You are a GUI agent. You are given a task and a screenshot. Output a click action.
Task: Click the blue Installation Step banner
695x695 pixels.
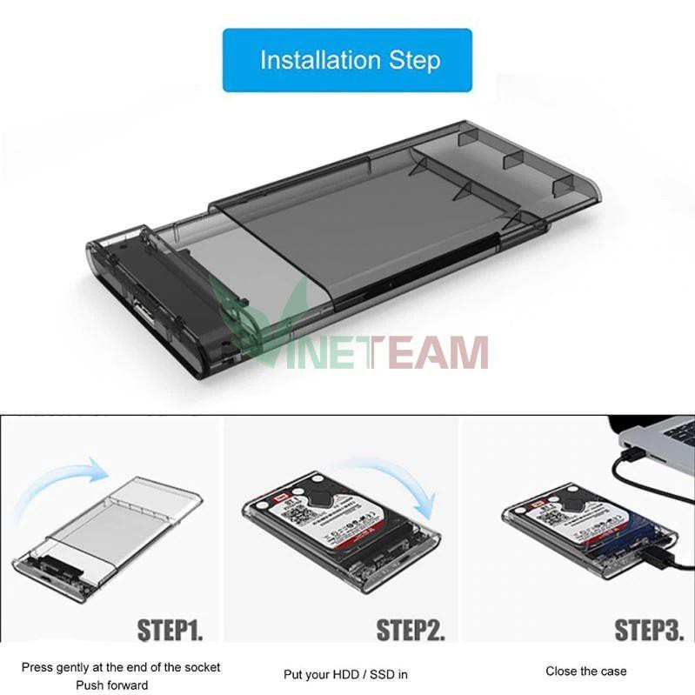coord(347,60)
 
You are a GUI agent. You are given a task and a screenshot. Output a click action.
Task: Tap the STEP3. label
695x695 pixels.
coord(649,629)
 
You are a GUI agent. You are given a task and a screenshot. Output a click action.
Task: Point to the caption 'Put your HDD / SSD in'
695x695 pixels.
coord(345,674)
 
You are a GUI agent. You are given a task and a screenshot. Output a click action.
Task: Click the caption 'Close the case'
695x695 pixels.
coord(586,671)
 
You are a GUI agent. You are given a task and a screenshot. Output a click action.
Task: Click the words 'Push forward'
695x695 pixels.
coord(121,685)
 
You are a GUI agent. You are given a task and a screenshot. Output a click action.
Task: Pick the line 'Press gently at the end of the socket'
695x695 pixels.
coord(121,667)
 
